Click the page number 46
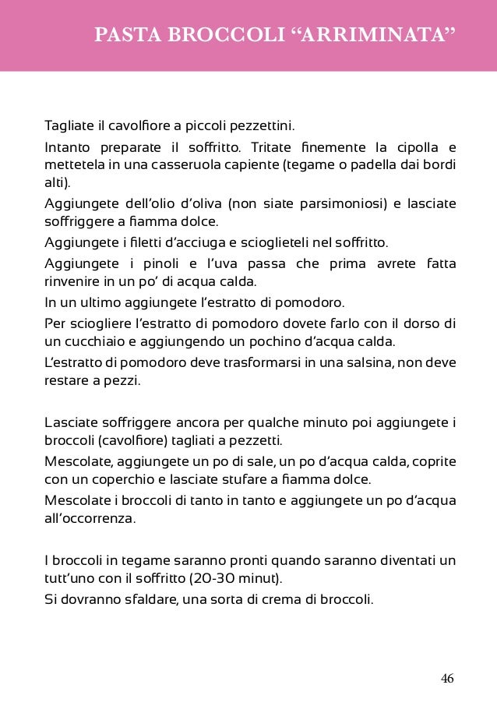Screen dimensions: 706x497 tap(447, 679)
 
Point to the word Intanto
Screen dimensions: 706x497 tap(68, 147)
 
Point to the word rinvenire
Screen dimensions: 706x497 tap(73, 281)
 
